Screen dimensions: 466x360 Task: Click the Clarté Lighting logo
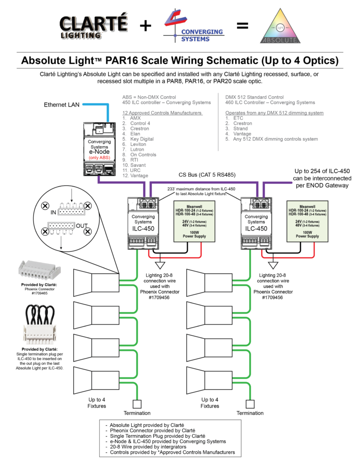tap(93, 27)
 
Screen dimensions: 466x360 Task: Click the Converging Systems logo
tap(193, 27)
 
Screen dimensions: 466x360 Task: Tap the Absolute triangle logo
tap(281, 27)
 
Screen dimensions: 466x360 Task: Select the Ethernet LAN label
tap(62, 105)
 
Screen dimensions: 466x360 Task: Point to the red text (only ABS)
tap(99, 158)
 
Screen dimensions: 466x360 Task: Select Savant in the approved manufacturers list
tap(138, 165)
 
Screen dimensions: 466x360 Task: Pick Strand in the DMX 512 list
tap(242, 128)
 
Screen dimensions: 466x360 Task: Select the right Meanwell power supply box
tap(307, 220)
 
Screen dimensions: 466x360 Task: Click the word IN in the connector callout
tap(54, 212)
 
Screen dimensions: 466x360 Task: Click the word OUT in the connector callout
tap(82, 225)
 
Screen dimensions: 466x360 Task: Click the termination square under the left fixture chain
tap(137, 404)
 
